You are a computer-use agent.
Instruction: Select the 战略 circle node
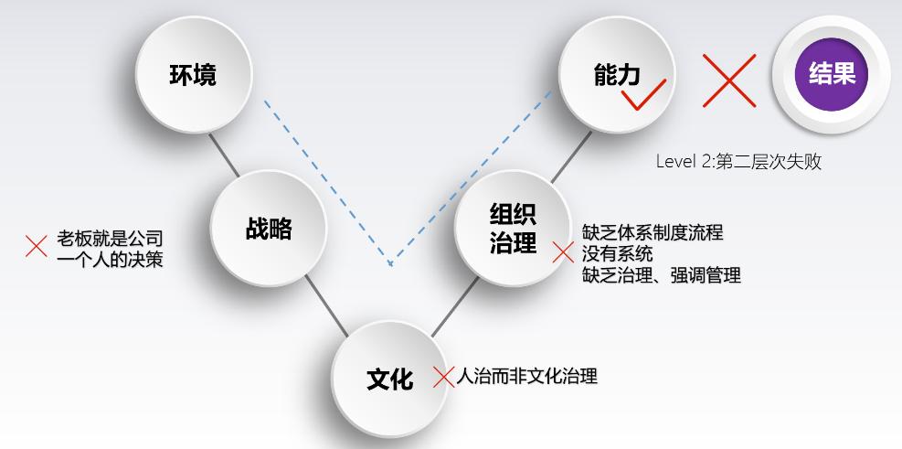click(x=269, y=228)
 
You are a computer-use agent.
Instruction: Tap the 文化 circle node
click(x=390, y=378)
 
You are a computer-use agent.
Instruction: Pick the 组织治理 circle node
click(x=513, y=230)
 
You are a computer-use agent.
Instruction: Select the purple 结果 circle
click(x=832, y=73)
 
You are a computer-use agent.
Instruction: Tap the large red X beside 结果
click(x=728, y=80)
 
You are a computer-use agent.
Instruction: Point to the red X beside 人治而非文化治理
click(x=443, y=377)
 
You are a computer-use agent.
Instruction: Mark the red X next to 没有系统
click(x=563, y=252)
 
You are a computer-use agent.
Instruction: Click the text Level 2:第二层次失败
click(x=738, y=162)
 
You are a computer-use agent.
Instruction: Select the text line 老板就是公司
click(x=110, y=239)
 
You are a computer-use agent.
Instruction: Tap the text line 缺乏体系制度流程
click(x=652, y=232)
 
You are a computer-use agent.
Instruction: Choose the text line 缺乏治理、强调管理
click(x=661, y=274)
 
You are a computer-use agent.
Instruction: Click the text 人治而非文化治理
click(x=526, y=376)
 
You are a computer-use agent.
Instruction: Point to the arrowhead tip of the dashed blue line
click(x=390, y=265)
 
